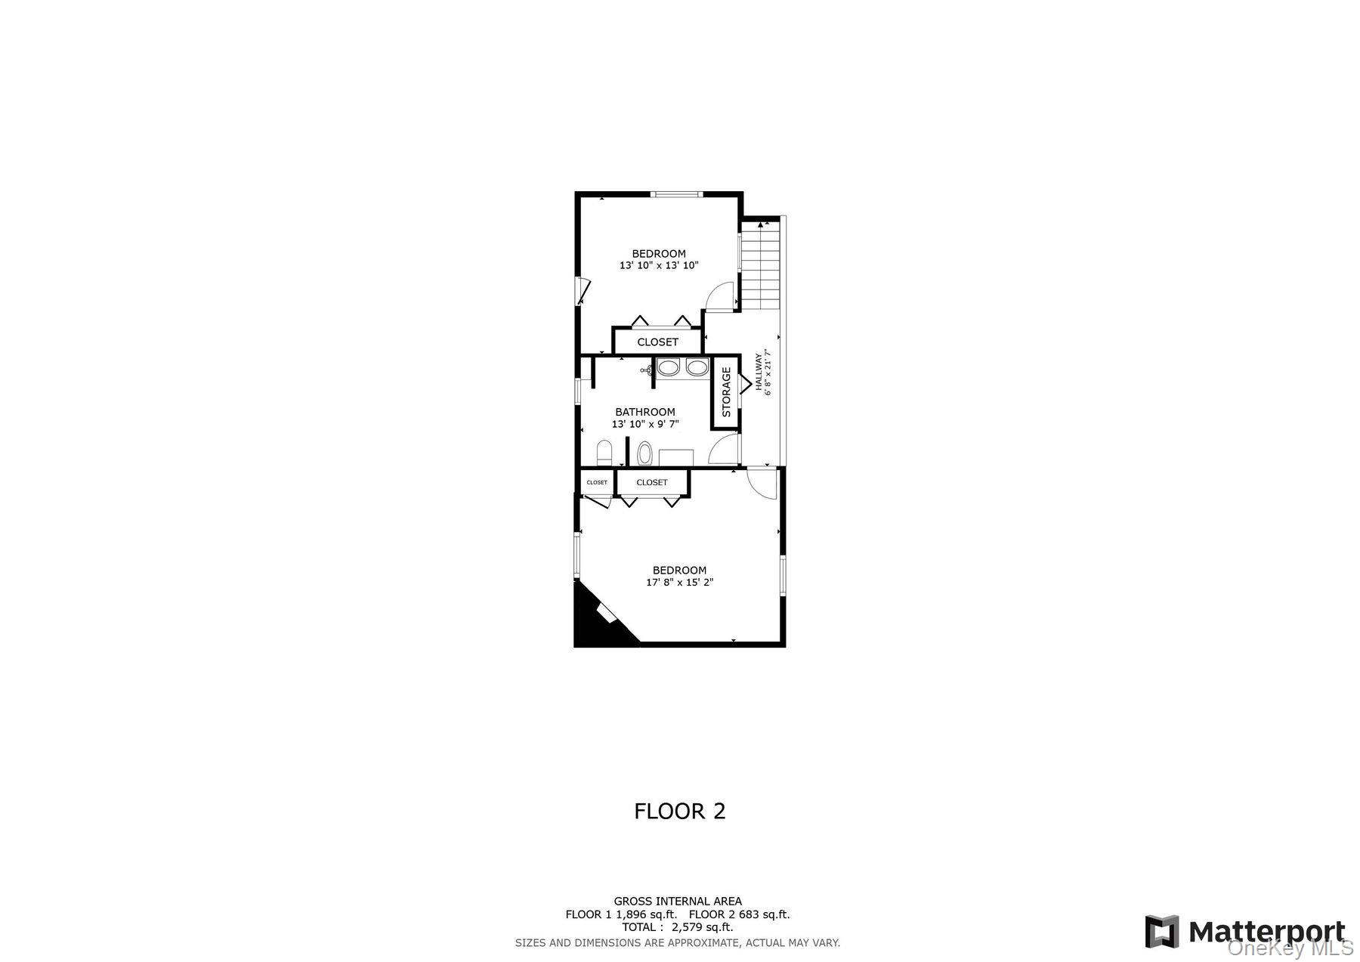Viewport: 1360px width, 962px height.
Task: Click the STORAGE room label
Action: click(x=726, y=392)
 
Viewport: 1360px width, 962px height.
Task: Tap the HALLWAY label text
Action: click(x=759, y=373)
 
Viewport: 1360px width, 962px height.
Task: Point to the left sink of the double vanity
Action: click(x=669, y=368)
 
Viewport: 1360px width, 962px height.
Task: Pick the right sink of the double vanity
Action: click(x=697, y=368)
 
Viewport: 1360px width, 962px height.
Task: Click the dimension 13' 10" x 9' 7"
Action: click(x=645, y=424)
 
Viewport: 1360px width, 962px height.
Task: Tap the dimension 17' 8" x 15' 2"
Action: click(x=679, y=583)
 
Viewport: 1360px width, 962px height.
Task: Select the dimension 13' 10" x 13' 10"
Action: click(x=659, y=265)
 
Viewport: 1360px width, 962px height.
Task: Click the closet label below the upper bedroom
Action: click(x=657, y=342)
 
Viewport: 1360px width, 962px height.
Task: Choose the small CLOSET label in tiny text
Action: click(x=597, y=482)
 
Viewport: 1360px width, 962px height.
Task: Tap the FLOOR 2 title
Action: click(x=679, y=811)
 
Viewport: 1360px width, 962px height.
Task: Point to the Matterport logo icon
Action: click(x=1161, y=931)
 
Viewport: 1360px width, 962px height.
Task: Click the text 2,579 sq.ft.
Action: click(x=702, y=927)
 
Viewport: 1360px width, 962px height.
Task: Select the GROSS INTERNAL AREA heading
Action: click(x=677, y=901)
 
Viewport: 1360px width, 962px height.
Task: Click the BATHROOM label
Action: click(x=644, y=412)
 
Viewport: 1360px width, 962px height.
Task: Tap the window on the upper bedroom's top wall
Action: click(x=677, y=195)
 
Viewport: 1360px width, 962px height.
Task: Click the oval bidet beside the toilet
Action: click(x=644, y=454)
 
